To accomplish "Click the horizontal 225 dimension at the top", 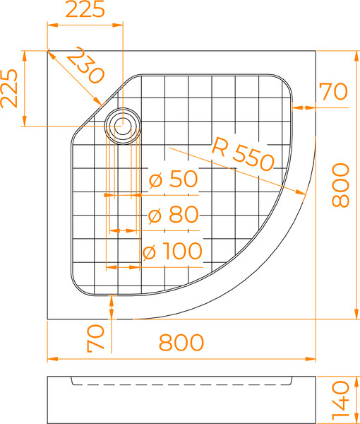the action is pos(85,9).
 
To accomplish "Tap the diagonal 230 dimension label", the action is pos(85,65).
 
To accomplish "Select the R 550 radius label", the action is pos(243,155).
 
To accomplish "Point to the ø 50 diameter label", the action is pos(174,179).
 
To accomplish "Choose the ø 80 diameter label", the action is pos(174,215).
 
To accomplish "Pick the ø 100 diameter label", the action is pos(172,251).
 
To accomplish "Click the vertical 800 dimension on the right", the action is pos(340,185).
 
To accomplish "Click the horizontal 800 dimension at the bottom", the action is pos(181,342).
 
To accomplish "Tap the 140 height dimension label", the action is pos(340,402).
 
